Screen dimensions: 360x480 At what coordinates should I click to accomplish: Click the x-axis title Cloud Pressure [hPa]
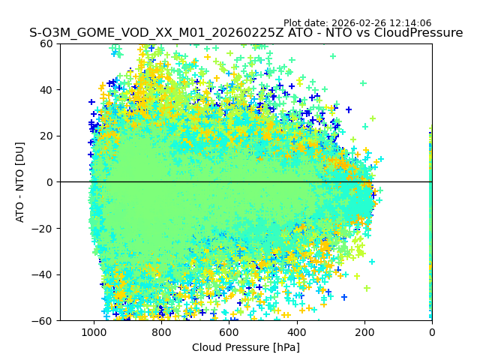[x=246, y=347]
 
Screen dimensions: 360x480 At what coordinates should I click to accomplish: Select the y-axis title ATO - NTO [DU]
[x=20, y=182]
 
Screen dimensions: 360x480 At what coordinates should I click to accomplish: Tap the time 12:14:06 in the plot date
[x=410, y=23]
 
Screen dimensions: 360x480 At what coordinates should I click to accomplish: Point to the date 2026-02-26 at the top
[x=358, y=23]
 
